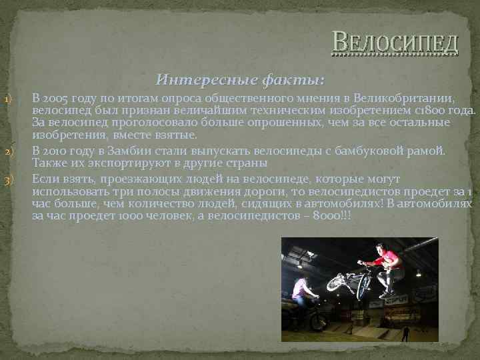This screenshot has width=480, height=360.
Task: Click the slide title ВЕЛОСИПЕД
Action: click(x=395, y=43)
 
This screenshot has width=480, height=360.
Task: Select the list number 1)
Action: click(x=8, y=100)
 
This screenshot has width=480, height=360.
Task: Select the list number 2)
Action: click(x=8, y=153)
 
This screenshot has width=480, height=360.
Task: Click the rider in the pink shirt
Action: click(x=301, y=292)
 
